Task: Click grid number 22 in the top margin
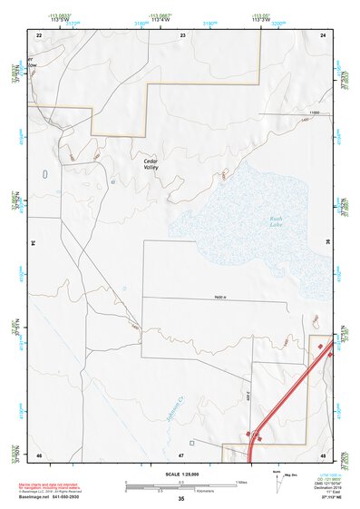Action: [39, 34]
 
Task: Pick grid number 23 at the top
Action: [182, 34]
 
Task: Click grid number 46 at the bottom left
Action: [39, 454]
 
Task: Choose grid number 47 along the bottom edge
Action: [181, 454]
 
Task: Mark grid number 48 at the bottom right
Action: [323, 454]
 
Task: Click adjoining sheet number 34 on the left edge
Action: [32, 243]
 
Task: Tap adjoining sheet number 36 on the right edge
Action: [329, 243]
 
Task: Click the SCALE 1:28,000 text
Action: [181, 472]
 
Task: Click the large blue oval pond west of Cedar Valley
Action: [45, 174]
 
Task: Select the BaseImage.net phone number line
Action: [57, 496]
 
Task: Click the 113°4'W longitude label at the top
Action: [162, 20]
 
